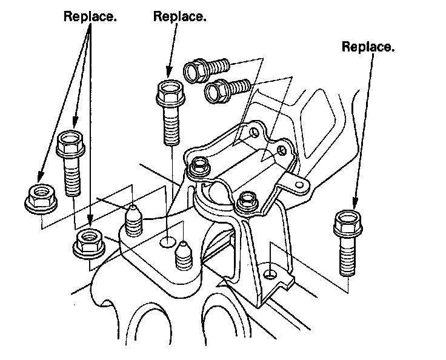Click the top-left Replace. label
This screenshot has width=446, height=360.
90,16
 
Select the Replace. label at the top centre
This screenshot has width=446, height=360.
180,16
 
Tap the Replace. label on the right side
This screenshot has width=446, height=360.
368,46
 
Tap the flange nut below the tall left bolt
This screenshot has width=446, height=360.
87,242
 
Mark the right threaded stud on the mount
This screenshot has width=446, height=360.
183,255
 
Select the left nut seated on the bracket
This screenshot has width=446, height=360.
199,168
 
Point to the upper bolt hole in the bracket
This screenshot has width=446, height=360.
253,132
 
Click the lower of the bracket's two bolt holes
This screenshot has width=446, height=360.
281,149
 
